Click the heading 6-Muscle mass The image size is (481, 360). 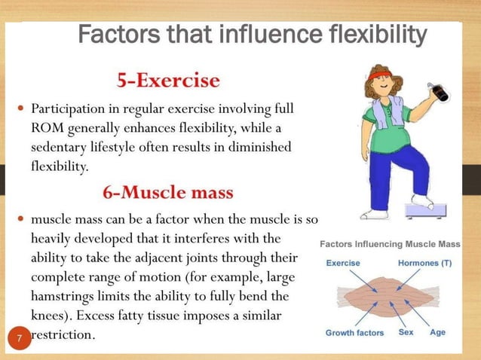coord(168,191)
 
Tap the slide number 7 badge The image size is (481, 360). coord(20,340)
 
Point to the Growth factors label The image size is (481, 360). coord(354,332)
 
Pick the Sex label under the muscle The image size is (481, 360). coord(405,332)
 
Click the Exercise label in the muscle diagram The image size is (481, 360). coord(343,263)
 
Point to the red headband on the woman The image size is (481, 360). coord(378,74)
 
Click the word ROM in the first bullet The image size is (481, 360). coord(44,128)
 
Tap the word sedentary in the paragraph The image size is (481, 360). coord(59,147)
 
